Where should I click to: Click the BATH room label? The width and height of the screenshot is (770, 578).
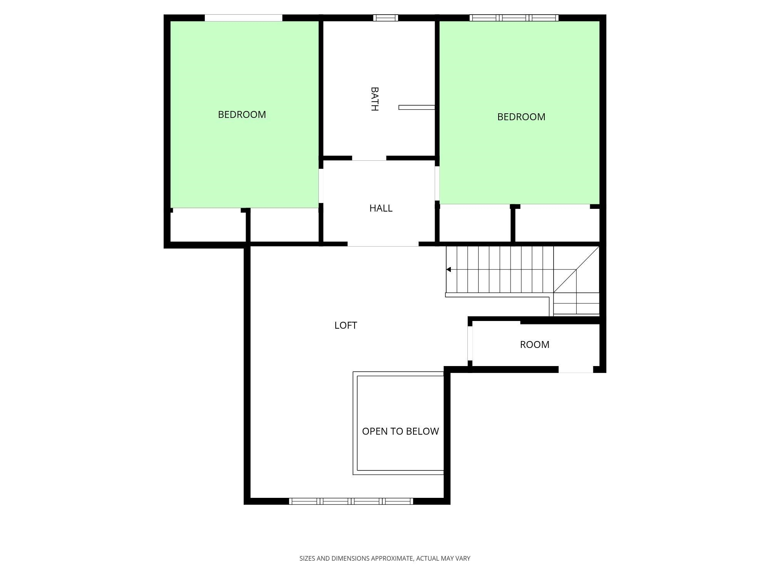pos(374,99)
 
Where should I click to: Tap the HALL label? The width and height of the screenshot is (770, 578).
pos(381,208)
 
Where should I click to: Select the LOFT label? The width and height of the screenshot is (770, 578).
pos(346,325)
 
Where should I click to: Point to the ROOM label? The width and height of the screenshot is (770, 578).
pos(534,344)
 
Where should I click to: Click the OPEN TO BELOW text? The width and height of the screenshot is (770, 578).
pos(400,431)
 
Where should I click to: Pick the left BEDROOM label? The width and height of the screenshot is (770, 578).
pos(242,114)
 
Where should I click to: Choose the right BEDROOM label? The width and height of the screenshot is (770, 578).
pos(521,117)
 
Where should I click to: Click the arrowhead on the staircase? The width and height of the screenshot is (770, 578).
pos(449,269)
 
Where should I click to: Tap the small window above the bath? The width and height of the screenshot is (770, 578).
pos(385,18)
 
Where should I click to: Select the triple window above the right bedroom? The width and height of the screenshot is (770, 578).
pos(514,18)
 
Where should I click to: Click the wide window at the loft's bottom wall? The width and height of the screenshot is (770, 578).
pos(351,501)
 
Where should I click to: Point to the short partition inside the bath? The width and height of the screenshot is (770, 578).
pos(417,108)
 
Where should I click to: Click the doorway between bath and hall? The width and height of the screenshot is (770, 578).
pos(369,158)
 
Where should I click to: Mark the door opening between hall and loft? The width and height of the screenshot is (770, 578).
pos(383,244)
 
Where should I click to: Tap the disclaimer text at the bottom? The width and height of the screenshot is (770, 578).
pos(385,558)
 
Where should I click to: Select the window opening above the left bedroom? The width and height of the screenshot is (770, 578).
pos(243,18)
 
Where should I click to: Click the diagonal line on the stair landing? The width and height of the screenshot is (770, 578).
pos(576,270)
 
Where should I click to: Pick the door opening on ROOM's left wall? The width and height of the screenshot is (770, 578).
pos(470,343)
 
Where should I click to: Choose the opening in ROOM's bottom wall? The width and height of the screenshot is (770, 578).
pos(576,370)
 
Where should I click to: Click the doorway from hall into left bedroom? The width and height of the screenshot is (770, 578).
pos(321,186)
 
